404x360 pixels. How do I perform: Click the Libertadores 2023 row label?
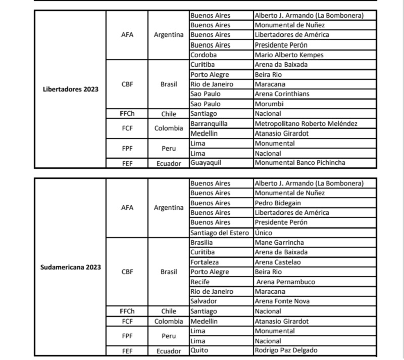(70, 89)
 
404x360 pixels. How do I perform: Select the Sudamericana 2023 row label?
(70, 267)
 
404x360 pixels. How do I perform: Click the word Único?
(264, 233)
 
